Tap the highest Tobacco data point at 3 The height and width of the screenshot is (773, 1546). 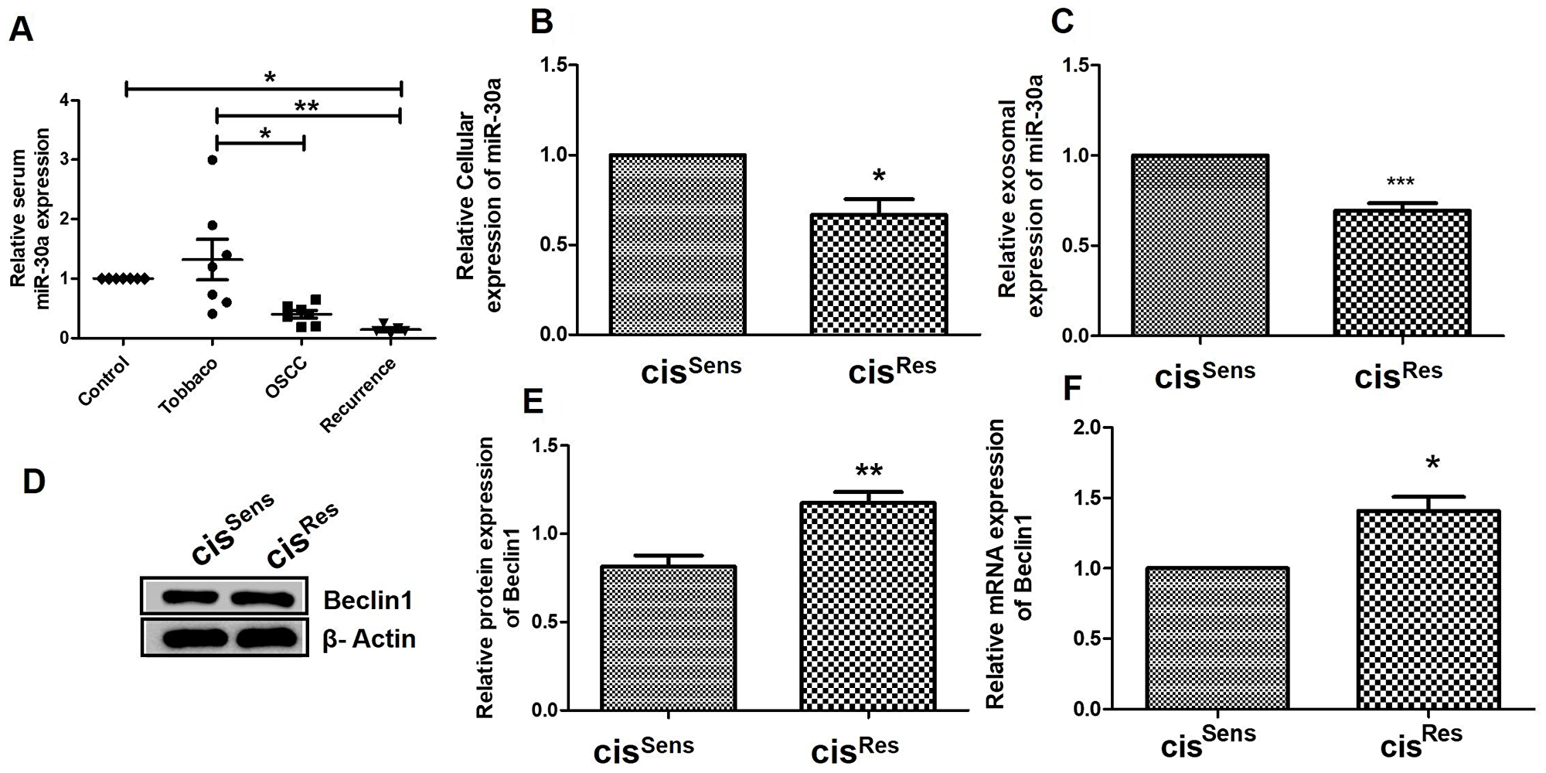(x=212, y=160)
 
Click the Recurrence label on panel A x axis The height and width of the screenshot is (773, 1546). (x=359, y=395)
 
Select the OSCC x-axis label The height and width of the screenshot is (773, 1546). (x=286, y=379)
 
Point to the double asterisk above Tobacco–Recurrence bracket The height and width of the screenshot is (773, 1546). (x=307, y=106)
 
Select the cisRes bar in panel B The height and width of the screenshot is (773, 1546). (x=878, y=274)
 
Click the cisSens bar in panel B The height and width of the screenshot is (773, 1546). (x=677, y=244)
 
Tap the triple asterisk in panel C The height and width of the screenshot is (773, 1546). (x=1400, y=182)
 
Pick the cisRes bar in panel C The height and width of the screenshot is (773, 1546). (x=1401, y=273)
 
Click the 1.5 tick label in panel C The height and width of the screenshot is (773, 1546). (x=1082, y=66)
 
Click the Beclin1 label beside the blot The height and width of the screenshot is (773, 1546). (x=367, y=600)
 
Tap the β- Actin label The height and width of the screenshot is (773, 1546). (x=369, y=639)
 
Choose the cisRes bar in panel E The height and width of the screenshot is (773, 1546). (x=868, y=606)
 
